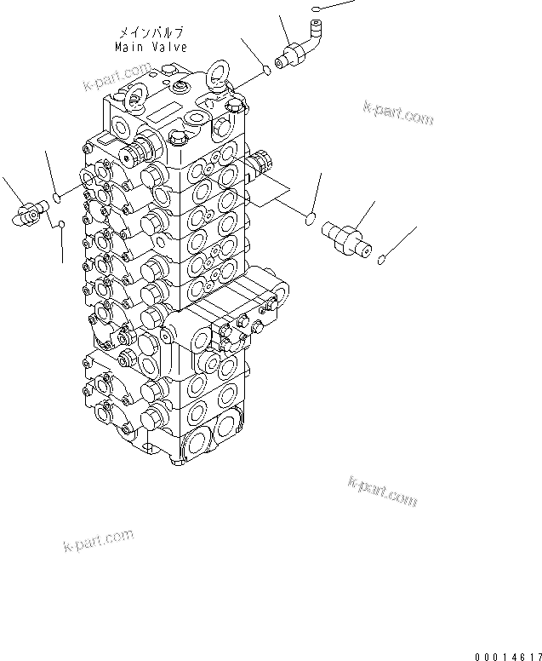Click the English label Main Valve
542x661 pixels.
[x=151, y=48]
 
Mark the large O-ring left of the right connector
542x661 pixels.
[x=311, y=221]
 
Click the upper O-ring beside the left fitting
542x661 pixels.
[x=56, y=198]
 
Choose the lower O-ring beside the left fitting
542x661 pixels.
[x=61, y=224]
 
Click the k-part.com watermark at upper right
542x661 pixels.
[x=397, y=112]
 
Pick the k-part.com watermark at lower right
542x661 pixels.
[x=382, y=491]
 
